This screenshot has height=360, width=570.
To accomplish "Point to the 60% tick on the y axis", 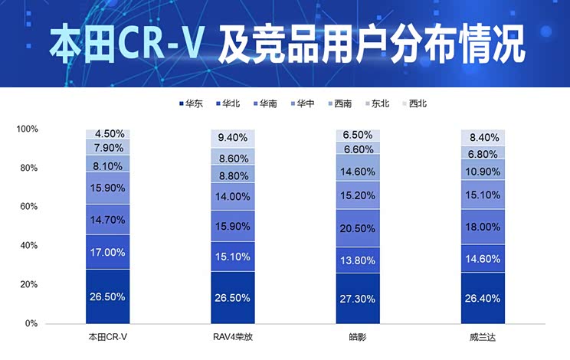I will click(x=28, y=207).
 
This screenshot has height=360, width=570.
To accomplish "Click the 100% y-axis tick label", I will click(x=27, y=129).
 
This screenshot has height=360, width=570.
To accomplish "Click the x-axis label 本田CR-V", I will click(x=107, y=337).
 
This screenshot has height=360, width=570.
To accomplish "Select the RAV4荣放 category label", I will click(x=233, y=337).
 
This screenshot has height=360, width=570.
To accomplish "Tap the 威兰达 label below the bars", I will click(x=483, y=337).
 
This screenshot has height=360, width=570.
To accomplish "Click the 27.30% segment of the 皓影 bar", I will click(x=359, y=297).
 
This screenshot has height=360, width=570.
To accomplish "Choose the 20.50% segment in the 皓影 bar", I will click(x=359, y=229).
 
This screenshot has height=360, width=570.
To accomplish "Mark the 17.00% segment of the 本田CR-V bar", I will click(x=107, y=252).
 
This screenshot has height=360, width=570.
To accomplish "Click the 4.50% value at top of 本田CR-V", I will click(x=107, y=134).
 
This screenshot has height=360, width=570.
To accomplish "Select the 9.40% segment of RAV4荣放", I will click(x=233, y=138).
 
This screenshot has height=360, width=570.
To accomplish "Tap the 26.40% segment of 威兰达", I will click(x=483, y=297).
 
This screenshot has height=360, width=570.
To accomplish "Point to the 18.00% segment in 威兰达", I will click(x=483, y=227).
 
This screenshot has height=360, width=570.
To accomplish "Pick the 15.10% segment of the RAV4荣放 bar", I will click(x=233, y=257).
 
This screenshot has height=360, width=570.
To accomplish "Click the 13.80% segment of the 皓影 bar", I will click(x=359, y=261).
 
